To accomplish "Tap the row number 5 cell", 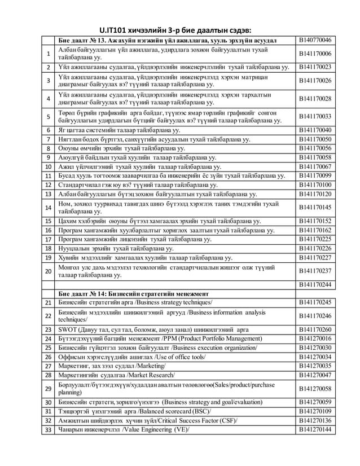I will [x=49, y=117].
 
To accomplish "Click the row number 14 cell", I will [x=49, y=208].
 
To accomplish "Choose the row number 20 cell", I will [x=49, y=271].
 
